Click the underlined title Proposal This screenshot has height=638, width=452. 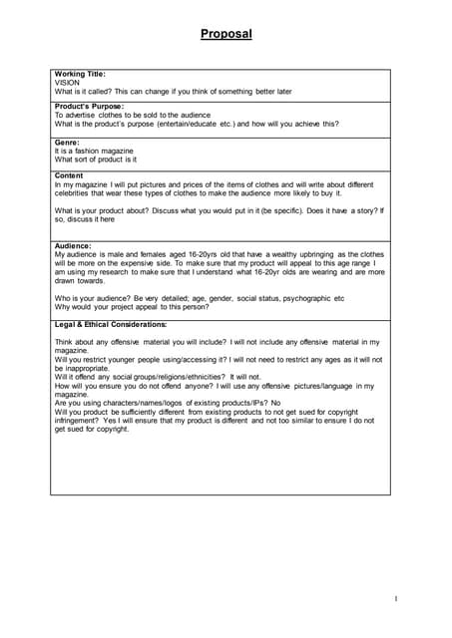click(x=226, y=34)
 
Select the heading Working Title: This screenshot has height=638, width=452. click(x=80, y=74)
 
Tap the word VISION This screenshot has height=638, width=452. click(x=67, y=83)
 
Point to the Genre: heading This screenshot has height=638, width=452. click(x=67, y=142)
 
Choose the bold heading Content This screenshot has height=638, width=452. click(x=70, y=175)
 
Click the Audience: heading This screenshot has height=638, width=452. click(x=73, y=245)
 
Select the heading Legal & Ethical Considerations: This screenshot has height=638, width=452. click(x=111, y=324)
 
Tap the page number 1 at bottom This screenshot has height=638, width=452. click(x=395, y=598)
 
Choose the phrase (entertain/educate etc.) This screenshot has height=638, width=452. click(x=208, y=125)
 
